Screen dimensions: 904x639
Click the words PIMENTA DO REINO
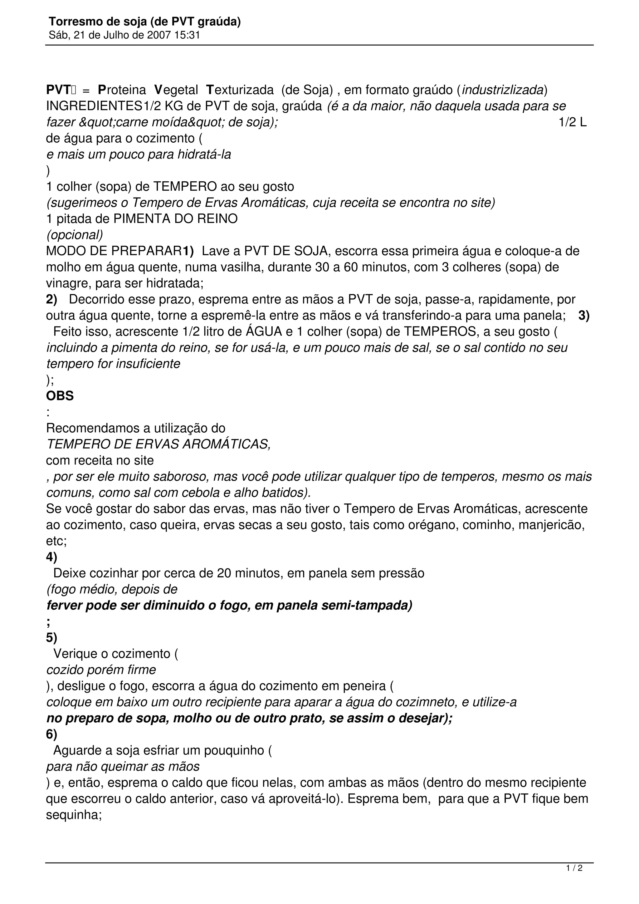tap(175, 219)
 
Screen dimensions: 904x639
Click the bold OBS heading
tap(60, 396)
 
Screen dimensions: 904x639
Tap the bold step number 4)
tap(51, 557)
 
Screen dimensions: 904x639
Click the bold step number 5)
tap(51, 637)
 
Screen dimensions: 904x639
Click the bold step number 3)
tap(584, 316)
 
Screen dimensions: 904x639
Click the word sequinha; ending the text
tap(74, 815)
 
